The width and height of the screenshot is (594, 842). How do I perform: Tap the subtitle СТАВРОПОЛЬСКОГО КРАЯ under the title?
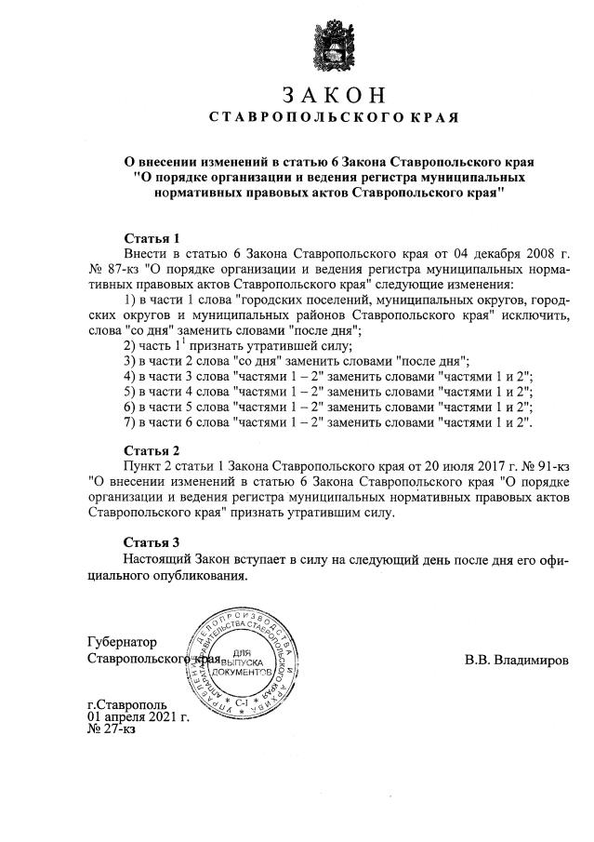coord(333,118)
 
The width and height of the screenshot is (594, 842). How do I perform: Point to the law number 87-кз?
coord(120,268)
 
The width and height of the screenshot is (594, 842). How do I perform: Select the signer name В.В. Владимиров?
coord(519,660)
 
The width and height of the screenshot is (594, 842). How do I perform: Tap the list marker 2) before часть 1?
coord(131,344)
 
